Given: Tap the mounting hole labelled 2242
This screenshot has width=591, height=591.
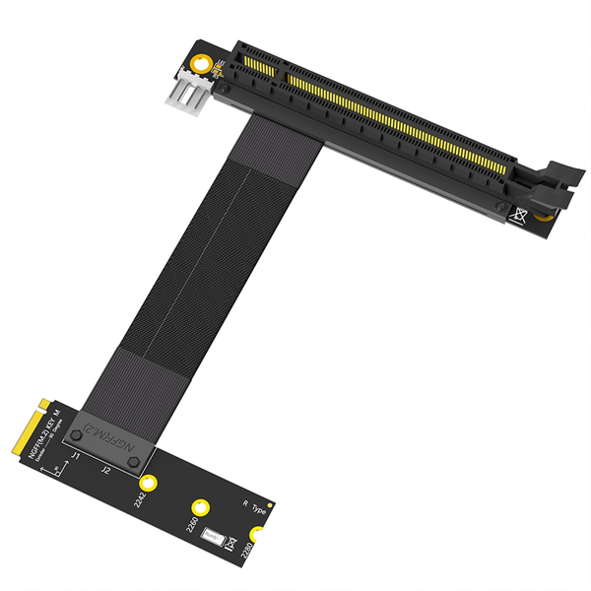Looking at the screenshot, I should pos(149,483).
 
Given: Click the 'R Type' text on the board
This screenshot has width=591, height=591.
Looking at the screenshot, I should pos(254,506).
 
